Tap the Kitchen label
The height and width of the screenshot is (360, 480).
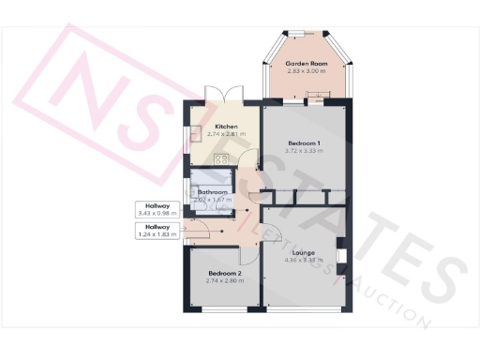point(226,127)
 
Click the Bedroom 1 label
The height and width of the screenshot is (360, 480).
point(305,142)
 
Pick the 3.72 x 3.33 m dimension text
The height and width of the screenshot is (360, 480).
point(305,150)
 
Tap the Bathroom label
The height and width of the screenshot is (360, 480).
point(213,192)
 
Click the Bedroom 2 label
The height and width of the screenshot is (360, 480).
point(226,273)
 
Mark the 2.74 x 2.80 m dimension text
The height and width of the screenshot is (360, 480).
point(226,281)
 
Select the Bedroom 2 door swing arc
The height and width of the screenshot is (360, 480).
point(248,255)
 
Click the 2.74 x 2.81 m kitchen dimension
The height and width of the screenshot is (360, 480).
point(226,135)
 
